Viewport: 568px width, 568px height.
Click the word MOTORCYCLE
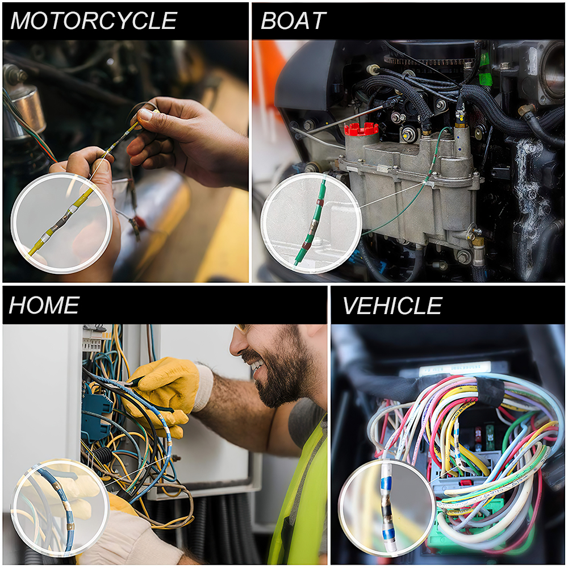pyautogui.click(x=94, y=20)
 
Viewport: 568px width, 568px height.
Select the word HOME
pyautogui.click(x=44, y=306)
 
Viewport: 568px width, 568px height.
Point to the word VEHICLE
pyautogui.click(x=392, y=306)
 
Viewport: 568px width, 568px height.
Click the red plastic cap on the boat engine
pyautogui.click(x=361, y=129)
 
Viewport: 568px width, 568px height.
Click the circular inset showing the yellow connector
pyautogui.click(x=61, y=223)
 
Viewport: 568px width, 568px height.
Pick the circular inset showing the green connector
pyautogui.click(x=311, y=223)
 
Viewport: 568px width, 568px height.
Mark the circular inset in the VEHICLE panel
pyautogui.click(x=386, y=508)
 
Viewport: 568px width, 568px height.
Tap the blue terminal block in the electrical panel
pyautogui.click(x=95, y=413)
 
